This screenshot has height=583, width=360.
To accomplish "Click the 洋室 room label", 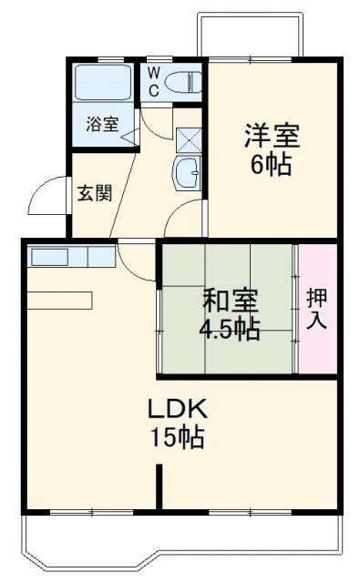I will (x=271, y=138).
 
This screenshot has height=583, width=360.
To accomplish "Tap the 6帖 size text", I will (x=271, y=166).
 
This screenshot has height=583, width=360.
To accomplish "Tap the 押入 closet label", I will (x=316, y=309).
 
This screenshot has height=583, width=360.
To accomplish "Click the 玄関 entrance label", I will (x=89, y=193).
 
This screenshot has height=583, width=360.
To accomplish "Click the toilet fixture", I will (x=183, y=81).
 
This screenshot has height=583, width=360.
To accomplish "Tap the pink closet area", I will (x=317, y=310).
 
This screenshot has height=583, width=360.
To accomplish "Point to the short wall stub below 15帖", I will (x=159, y=487).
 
